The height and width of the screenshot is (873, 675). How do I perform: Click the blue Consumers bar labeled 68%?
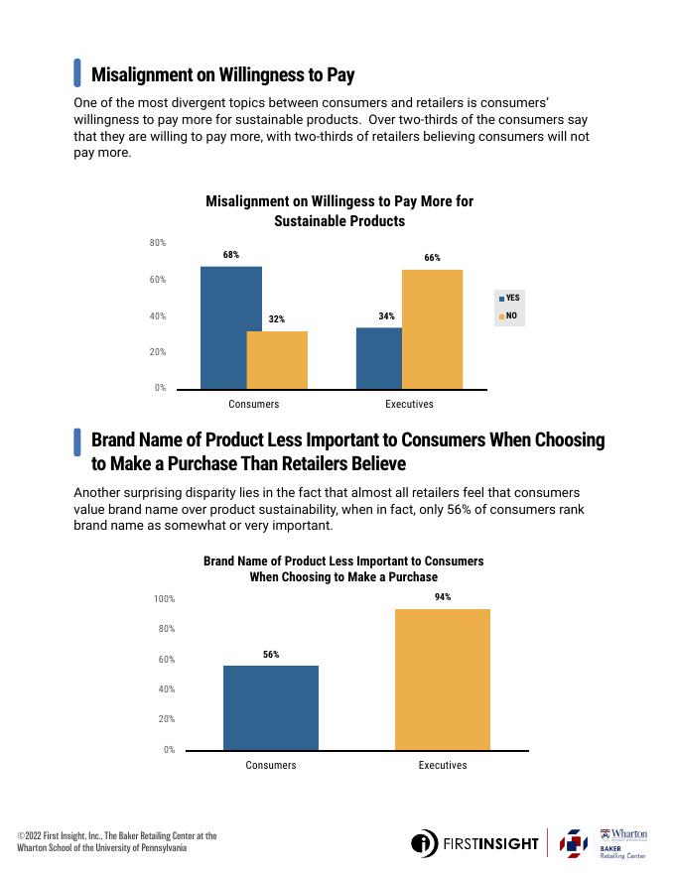231,327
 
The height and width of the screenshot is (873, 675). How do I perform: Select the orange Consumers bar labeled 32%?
277,359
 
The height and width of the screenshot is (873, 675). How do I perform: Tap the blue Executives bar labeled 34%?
379,358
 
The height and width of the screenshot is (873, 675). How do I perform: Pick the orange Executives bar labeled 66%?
432,328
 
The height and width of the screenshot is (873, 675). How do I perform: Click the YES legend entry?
508,298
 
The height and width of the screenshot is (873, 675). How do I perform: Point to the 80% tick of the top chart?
158,243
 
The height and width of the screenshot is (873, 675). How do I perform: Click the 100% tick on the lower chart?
164,599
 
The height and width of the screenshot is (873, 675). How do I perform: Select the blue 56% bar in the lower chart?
271,707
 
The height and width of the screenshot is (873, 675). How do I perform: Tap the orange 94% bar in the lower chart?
442,680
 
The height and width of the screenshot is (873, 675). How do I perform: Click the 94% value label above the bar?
443,597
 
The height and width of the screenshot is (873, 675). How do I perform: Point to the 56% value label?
271,655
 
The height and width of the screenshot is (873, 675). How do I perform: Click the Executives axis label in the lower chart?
442,765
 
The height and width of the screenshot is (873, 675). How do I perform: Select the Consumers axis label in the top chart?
254,404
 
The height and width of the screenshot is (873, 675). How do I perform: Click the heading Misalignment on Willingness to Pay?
222,74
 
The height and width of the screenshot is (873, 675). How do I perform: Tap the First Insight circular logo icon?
424,843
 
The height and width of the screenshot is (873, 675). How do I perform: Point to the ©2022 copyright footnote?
116,841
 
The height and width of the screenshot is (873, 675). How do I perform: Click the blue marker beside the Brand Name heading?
77,442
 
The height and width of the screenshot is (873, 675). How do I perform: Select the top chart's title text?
339,210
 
